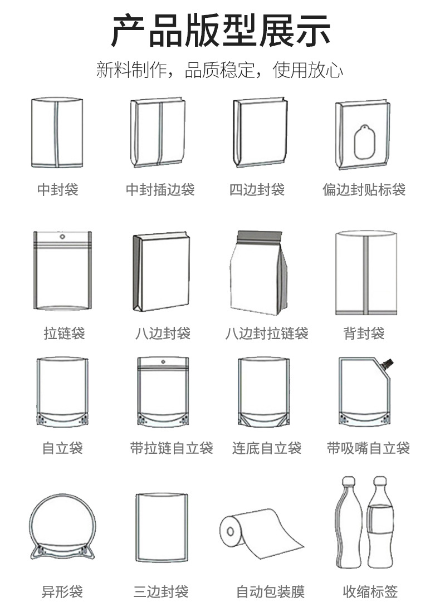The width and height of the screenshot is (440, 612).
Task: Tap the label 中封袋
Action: click(x=58, y=190)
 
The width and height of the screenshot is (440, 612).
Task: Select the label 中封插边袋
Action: click(x=160, y=190)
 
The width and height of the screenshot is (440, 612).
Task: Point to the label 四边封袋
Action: click(x=257, y=190)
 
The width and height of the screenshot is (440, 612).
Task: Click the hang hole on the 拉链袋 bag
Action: click(x=62, y=237)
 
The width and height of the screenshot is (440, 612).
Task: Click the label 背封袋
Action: click(x=364, y=334)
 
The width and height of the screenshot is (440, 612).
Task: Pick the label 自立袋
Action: click(x=62, y=448)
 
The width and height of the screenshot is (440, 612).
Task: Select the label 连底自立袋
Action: click(x=267, y=448)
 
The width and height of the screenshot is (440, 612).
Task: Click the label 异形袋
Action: click(x=62, y=591)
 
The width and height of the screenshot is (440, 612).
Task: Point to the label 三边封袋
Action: click(x=161, y=591)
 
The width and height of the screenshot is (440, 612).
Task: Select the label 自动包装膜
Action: click(x=271, y=591)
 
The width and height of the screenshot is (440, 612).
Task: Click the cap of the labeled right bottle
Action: click(x=380, y=481)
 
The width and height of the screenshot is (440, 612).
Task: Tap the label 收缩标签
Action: click(x=370, y=591)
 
